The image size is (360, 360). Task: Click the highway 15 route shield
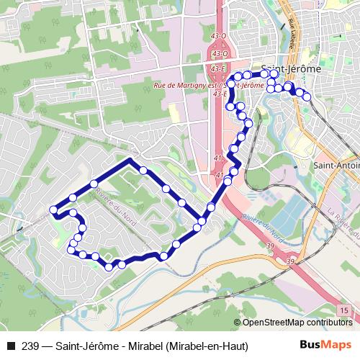click(346, 309)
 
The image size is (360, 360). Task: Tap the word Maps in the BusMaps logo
click(332, 345)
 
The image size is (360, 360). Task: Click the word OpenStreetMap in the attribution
click(270, 323)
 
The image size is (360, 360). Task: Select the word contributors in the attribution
click(329, 323)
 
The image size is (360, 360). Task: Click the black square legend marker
click(9, 346)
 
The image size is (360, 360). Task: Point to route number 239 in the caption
click(30, 346)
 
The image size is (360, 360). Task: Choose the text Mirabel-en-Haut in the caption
click(207, 346)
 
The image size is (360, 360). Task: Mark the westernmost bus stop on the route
click(53, 210)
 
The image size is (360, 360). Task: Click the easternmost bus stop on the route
click(307, 96)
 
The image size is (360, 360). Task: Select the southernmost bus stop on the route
click(109, 267)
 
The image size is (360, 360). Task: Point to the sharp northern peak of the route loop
click(130, 160)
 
